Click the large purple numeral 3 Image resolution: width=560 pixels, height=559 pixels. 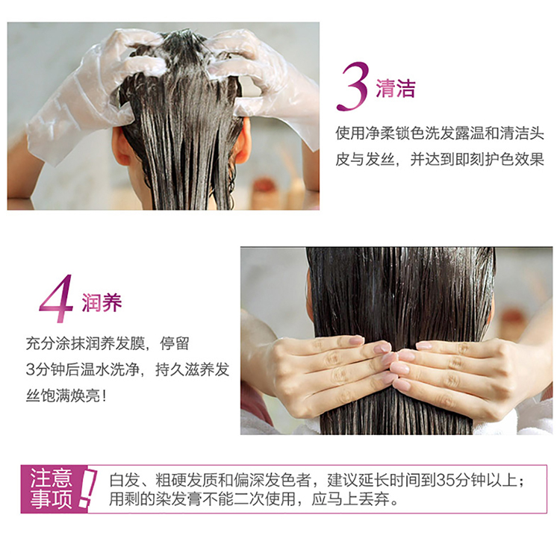352,87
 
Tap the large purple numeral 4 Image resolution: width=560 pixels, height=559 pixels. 56,299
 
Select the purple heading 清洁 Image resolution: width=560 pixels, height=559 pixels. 396,89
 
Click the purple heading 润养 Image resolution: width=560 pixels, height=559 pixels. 102,303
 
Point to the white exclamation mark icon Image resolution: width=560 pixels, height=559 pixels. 88,488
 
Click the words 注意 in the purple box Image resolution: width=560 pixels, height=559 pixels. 51,478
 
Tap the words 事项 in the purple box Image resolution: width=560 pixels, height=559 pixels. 51,499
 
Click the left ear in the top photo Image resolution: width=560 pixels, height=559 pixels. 122,146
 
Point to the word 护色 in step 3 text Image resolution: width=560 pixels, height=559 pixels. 500,160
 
